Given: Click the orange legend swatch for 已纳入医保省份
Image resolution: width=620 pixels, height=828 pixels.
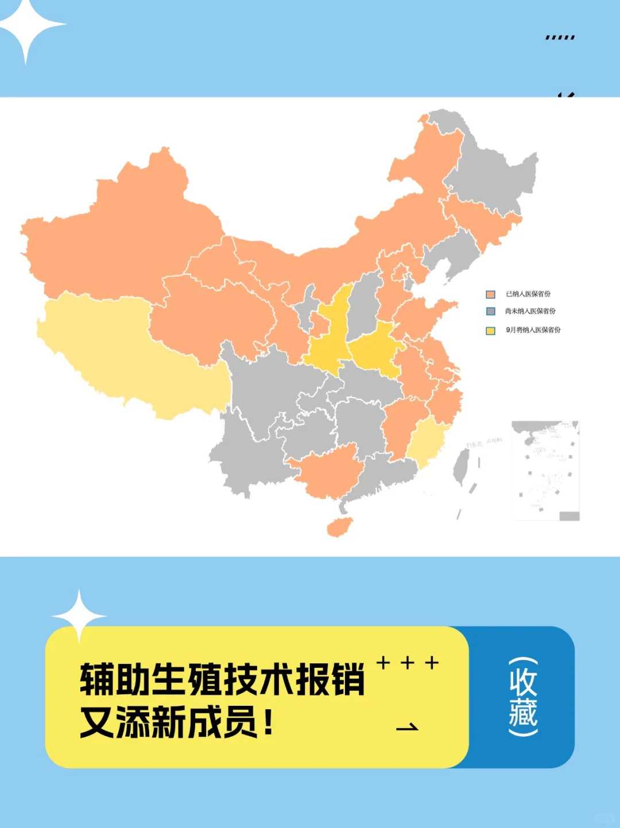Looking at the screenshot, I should click(x=490, y=294).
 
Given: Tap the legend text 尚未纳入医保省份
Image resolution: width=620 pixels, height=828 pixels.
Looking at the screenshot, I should click(x=530, y=311).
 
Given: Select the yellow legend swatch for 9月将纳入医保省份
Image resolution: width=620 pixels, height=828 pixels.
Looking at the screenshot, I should click(x=490, y=331).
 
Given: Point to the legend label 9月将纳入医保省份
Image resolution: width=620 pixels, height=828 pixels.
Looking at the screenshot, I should click(x=533, y=330).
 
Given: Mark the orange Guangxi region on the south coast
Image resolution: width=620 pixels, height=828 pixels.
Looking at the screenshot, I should click(x=327, y=473).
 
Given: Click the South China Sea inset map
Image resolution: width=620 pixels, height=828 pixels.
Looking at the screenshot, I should click(x=545, y=471).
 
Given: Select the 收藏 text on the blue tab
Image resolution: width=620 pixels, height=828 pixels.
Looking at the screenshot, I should click(x=522, y=697).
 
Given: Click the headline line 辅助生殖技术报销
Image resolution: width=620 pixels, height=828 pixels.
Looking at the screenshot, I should click(x=222, y=679).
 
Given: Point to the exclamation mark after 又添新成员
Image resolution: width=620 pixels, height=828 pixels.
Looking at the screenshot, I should click(x=268, y=722).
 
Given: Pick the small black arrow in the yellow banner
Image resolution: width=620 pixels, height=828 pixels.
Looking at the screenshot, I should click(x=408, y=727).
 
